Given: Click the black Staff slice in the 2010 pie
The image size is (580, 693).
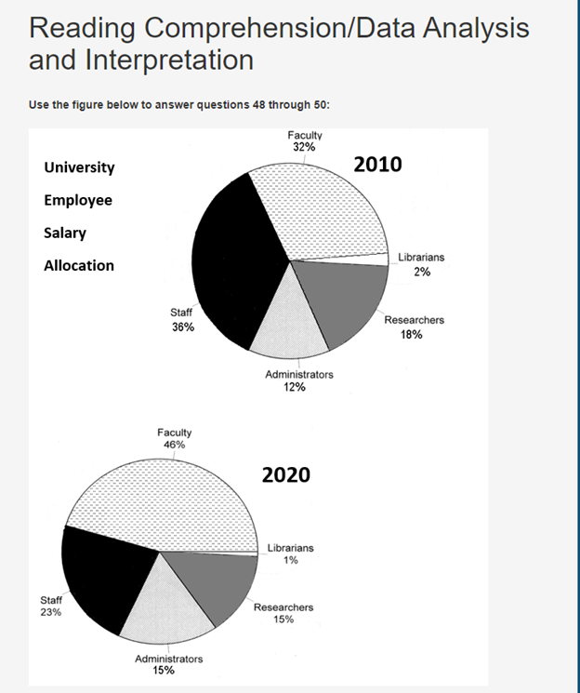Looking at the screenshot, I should point(232,265).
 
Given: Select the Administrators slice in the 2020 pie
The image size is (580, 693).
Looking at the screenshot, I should point(163,605).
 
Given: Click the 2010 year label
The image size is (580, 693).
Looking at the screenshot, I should point(378,165).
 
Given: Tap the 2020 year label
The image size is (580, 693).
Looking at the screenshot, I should point(285,475).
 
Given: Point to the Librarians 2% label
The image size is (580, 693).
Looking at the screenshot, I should point(422,264).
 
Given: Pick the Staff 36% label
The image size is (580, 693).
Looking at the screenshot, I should point(182,321).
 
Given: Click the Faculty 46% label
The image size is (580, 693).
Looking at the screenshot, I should point(175,439).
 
